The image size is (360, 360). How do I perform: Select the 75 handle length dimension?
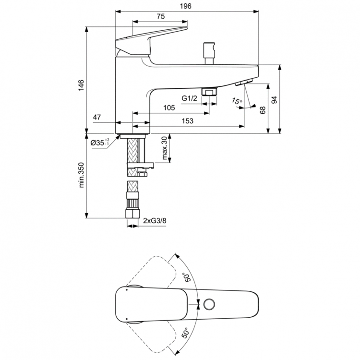(x=160, y=16)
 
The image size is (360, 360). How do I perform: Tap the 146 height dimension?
(x=82, y=84)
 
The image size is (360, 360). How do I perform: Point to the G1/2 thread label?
(x=189, y=98)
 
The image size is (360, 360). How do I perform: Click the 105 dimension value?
(x=168, y=108)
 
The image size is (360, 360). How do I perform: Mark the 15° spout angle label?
(x=236, y=101)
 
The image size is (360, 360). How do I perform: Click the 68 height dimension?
(x=263, y=109)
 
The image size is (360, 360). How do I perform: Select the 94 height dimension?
(x=275, y=99)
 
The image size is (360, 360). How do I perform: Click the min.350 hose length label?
(x=82, y=174)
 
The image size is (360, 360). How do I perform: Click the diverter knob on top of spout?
(x=209, y=50)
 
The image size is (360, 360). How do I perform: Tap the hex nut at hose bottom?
(x=132, y=215)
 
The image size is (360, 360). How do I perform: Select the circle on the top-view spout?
(x=210, y=304)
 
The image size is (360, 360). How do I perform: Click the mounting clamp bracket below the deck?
(x=139, y=168)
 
